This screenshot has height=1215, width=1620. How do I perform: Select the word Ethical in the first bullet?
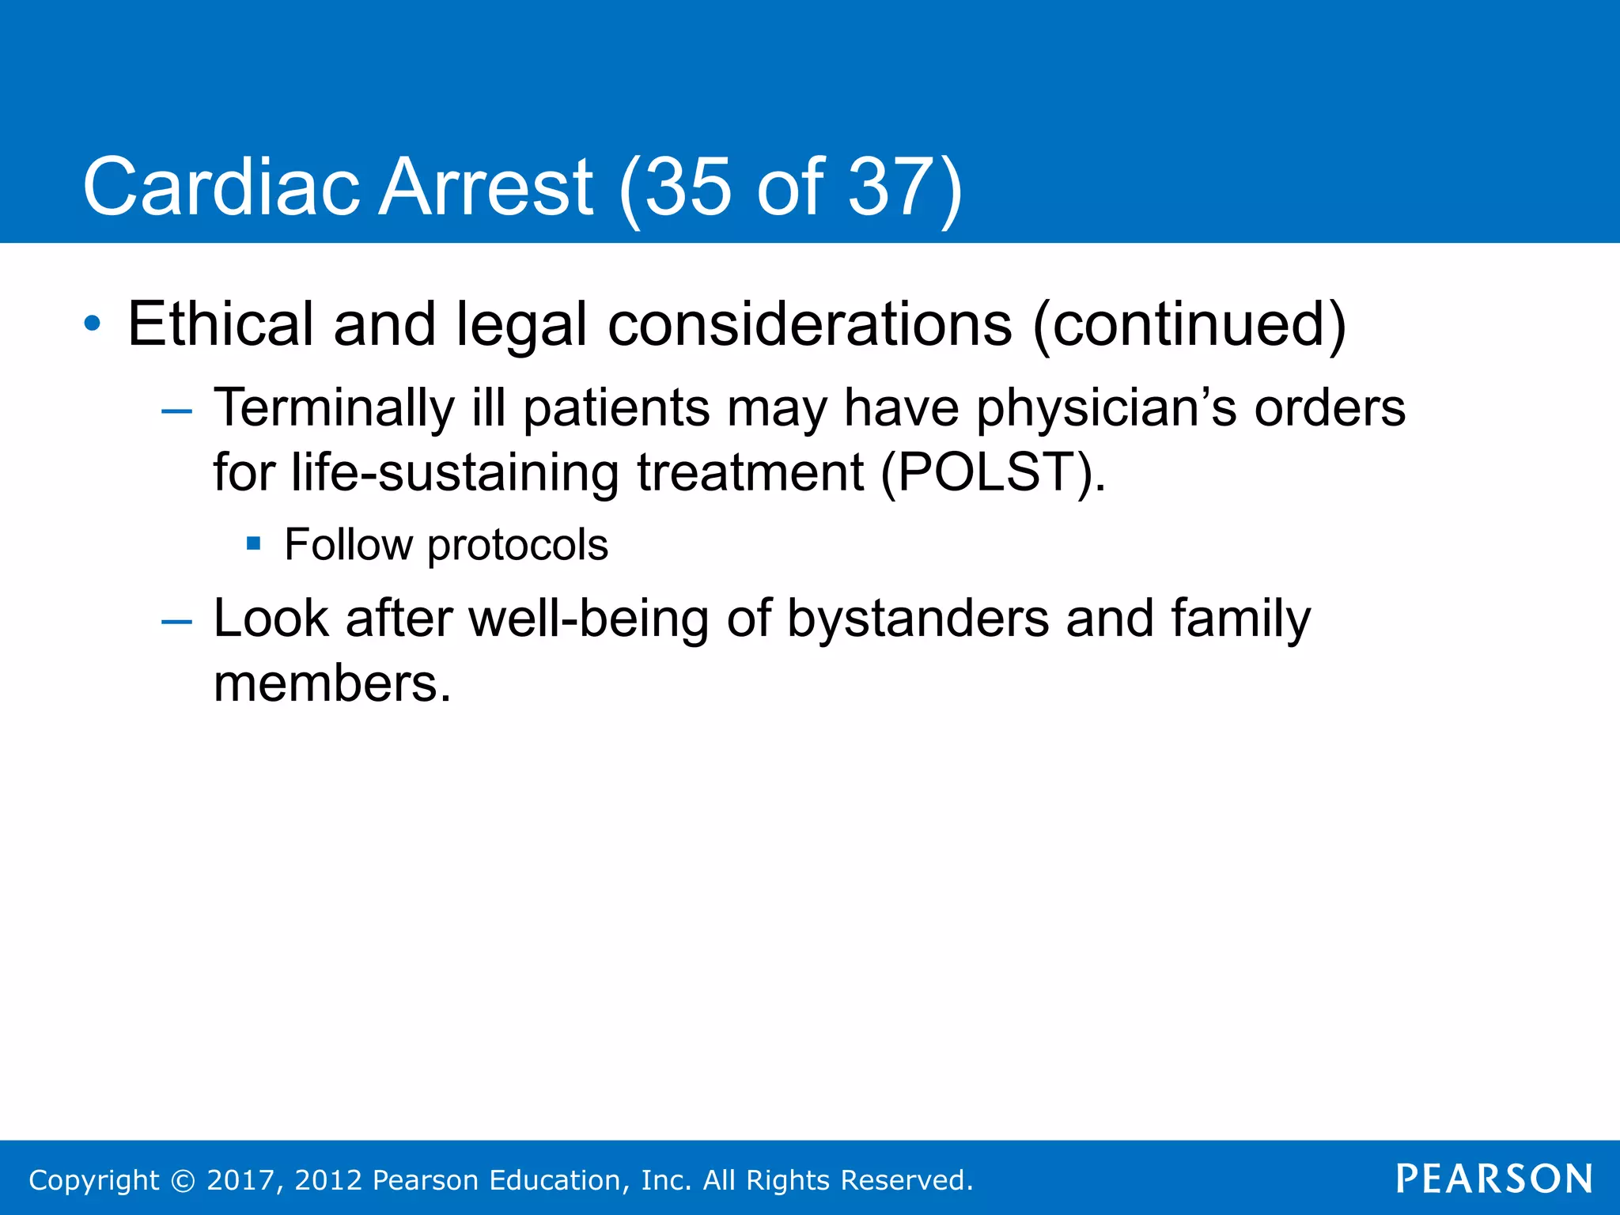(x=221, y=324)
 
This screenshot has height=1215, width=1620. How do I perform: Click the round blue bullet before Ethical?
(x=93, y=324)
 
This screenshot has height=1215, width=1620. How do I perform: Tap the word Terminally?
(x=334, y=409)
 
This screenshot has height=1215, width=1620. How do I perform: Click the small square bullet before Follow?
(x=253, y=543)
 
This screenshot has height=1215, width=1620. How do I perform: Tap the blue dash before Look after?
(x=176, y=621)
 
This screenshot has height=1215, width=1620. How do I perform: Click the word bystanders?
(x=918, y=619)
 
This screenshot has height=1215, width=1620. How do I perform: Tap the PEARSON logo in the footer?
(x=1494, y=1179)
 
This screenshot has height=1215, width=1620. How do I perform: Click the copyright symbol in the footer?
(x=184, y=1180)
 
